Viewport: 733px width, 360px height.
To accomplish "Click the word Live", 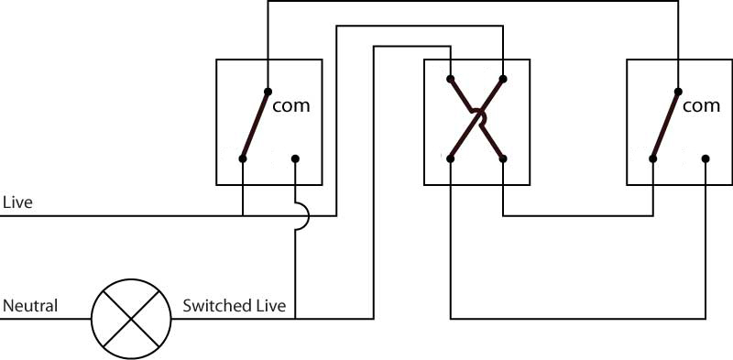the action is click(x=17, y=203).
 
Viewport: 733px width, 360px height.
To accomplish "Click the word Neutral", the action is click(x=30, y=306).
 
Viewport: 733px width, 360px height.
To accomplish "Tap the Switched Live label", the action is click(x=235, y=306).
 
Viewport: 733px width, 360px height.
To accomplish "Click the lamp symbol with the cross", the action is click(x=131, y=320).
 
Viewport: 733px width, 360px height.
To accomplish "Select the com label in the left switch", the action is click(x=290, y=105).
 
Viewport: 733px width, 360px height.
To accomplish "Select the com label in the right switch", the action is click(x=701, y=105).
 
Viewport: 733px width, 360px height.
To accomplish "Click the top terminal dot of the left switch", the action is click(x=268, y=92).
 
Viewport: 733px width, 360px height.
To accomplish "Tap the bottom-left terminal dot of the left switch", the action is click(x=243, y=159).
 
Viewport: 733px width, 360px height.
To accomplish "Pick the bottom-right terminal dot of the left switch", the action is click(x=295, y=159).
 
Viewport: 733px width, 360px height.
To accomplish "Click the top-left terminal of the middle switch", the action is click(x=450, y=79).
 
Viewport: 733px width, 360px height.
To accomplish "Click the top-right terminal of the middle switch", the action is click(x=503, y=79).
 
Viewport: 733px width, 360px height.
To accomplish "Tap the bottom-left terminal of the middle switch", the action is click(x=450, y=159).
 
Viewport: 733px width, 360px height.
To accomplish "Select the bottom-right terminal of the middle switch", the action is click(x=503, y=159).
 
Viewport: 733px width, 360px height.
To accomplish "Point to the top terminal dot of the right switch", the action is click(x=678, y=92).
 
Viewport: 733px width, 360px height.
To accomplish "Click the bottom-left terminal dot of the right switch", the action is click(x=653, y=159).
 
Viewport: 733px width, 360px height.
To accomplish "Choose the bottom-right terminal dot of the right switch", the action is click(x=706, y=159).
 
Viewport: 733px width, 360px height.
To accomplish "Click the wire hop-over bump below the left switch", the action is click(x=308, y=216).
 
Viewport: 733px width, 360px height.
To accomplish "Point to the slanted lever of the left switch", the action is click(x=256, y=125).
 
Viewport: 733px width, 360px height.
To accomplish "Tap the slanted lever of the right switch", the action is click(x=666, y=125).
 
